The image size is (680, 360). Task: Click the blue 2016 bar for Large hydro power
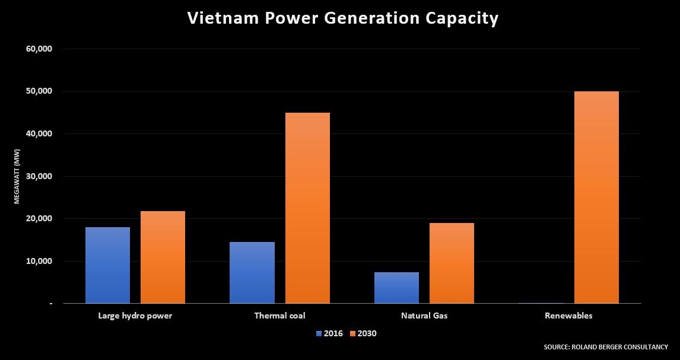[x=107, y=265]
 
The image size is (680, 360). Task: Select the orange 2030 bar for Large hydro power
[x=163, y=257]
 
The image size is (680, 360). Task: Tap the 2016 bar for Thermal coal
[x=252, y=272]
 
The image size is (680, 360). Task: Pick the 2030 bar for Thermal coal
[x=307, y=208]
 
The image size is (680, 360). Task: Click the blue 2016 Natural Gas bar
[x=396, y=288]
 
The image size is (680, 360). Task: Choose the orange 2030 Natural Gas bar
[x=452, y=263]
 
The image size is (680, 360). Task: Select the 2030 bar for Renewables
[x=596, y=197]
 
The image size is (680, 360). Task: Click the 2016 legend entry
[x=329, y=333]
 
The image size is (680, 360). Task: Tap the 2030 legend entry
[x=363, y=333]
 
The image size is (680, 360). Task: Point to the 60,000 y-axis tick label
[x=40, y=49]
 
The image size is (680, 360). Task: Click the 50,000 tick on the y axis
[x=40, y=91]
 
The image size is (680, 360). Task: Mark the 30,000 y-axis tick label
[x=40, y=177]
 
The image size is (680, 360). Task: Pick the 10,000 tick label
[x=40, y=262]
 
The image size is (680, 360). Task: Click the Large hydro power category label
[x=135, y=316]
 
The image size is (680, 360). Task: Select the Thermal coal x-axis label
[x=279, y=316]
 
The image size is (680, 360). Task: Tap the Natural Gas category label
[x=424, y=316]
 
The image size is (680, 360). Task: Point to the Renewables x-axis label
[x=568, y=316]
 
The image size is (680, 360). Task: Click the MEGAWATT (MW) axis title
[x=17, y=176]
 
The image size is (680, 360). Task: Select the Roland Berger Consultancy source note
[x=605, y=347]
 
